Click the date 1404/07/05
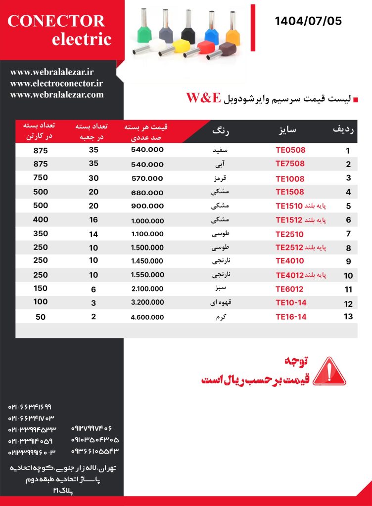coord(308,21)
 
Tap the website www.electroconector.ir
coord(56,84)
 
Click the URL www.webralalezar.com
coord(57,94)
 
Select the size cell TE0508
coord(290,150)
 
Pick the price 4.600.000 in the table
coord(147,317)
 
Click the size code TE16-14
coord(291,317)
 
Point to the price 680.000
coord(147,192)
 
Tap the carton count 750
coord(41,178)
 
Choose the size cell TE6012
coord(290,289)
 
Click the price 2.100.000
coord(147,289)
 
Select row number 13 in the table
coord(348,316)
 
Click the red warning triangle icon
coord(330,372)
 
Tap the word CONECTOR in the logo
coord(56,21)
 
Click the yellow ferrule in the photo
coord(181,47)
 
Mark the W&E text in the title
coord(203,98)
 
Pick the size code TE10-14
coord(291,303)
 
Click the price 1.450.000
coord(147,261)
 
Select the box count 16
coord(93,219)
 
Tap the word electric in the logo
coord(82,40)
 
